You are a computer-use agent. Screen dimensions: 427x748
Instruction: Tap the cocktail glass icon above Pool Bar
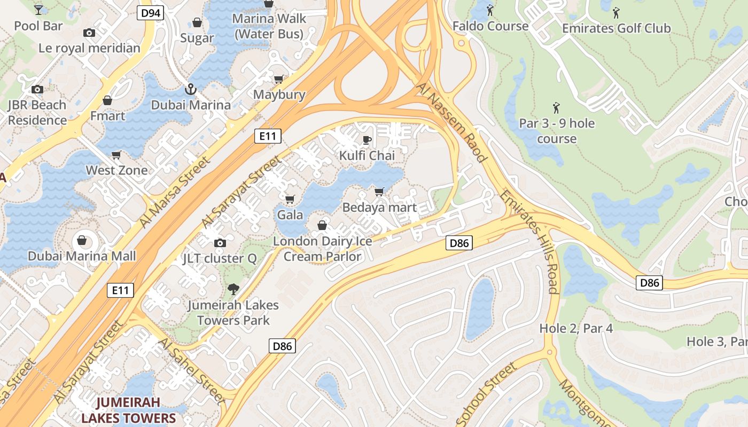38,9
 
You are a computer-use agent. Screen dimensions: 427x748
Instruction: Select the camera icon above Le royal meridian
89,33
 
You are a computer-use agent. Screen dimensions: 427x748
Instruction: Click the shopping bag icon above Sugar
197,22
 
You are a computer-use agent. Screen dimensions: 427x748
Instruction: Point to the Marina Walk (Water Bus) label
269,26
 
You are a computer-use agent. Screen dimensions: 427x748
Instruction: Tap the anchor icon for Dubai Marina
190,89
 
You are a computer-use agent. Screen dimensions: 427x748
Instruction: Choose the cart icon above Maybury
278,80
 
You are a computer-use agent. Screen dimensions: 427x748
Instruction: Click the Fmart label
107,116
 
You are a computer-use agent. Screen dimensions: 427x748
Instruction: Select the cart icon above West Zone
116,155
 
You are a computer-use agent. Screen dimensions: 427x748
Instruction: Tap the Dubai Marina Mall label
82,256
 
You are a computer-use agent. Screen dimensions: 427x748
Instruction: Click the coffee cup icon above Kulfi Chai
367,140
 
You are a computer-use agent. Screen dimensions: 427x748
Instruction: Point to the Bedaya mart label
379,207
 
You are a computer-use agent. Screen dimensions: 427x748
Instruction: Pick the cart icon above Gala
290,200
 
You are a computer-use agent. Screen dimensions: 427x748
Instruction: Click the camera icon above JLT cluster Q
220,243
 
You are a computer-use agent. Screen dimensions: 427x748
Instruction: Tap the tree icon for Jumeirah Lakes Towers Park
233,290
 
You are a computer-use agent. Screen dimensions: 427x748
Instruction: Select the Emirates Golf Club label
616,28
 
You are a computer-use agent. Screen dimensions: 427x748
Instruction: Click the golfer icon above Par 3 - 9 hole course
556,108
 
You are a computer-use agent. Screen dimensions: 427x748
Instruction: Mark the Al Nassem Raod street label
452,123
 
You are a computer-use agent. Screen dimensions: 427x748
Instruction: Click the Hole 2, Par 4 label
576,328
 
